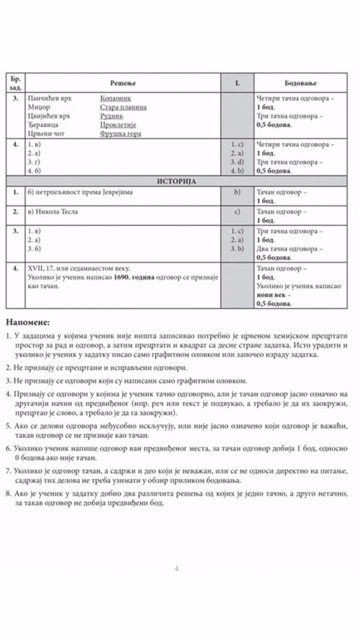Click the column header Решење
click(123, 83)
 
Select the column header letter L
click(237, 83)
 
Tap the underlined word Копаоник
click(116, 99)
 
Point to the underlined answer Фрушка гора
click(120, 134)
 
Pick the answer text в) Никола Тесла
click(52, 211)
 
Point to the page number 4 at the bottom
click(176, 568)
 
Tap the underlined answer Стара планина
click(124, 107)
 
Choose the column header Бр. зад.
click(15, 83)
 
